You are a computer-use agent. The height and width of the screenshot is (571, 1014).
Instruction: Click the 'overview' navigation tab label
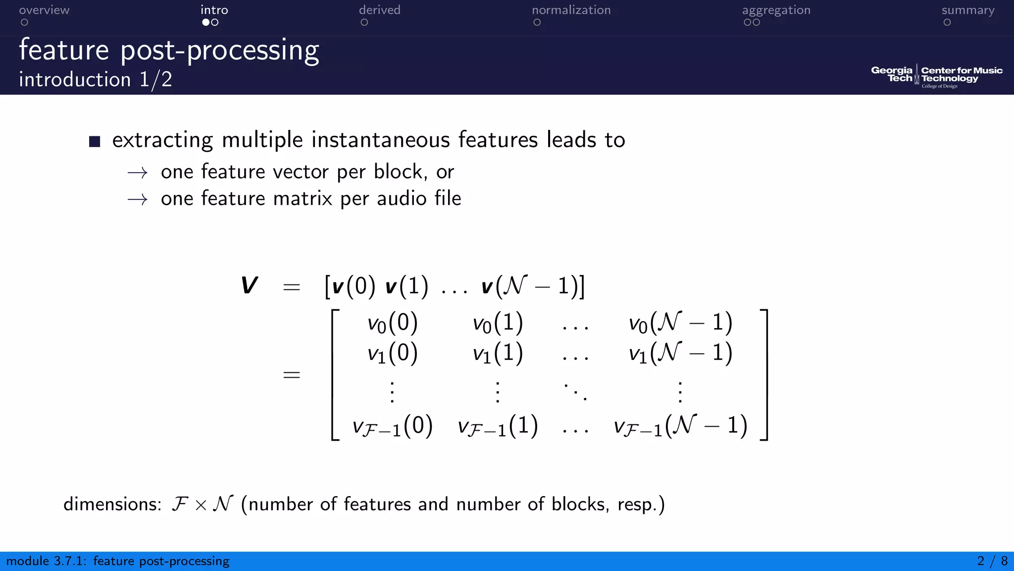[x=44, y=10]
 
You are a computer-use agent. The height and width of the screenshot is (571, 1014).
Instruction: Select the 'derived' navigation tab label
[x=379, y=10]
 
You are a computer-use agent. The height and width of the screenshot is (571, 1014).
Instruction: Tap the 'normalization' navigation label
[x=571, y=10]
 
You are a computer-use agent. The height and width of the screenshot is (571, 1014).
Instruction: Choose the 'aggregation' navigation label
[x=776, y=10]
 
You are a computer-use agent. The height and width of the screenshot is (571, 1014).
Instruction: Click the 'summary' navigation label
[x=967, y=10]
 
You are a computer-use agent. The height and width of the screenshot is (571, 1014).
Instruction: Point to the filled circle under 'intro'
[x=206, y=22]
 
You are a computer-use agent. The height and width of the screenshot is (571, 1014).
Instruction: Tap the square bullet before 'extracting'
[x=95, y=142]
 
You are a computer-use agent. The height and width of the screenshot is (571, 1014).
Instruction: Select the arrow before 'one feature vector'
[x=137, y=173]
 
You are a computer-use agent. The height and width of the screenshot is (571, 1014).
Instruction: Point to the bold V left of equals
[x=250, y=285]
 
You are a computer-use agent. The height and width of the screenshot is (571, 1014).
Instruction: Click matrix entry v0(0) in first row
[x=392, y=323]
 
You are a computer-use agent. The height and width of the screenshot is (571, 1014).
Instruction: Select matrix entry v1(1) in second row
[x=497, y=353]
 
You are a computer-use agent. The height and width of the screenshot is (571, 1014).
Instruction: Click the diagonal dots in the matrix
[x=575, y=391]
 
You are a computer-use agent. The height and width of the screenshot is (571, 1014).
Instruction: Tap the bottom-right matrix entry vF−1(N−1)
[x=680, y=426]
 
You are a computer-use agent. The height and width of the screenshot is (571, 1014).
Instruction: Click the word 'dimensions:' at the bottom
[x=112, y=504]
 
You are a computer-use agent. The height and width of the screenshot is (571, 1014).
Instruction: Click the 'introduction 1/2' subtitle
[x=96, y=80]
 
